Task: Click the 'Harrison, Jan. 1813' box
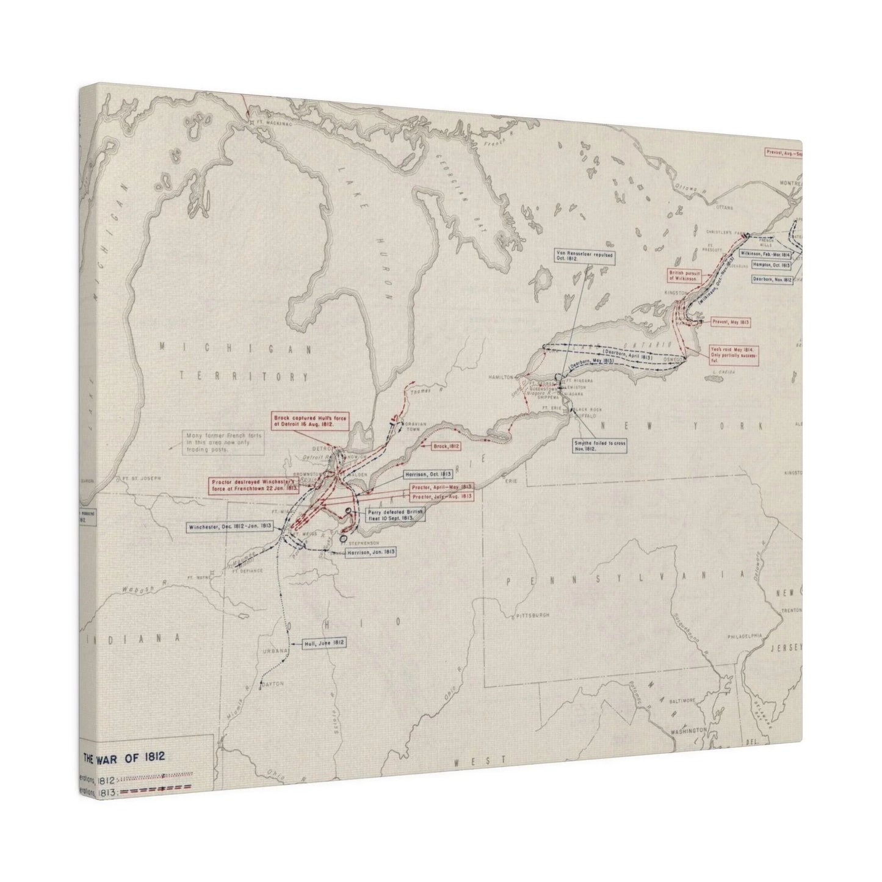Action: point(371,552)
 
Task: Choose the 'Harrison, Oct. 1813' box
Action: point(427,474)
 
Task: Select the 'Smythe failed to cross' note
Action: point(600,444)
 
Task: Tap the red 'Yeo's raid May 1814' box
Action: point(732,355)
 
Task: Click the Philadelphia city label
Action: point(744,636)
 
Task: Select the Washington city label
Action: point(688,730)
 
